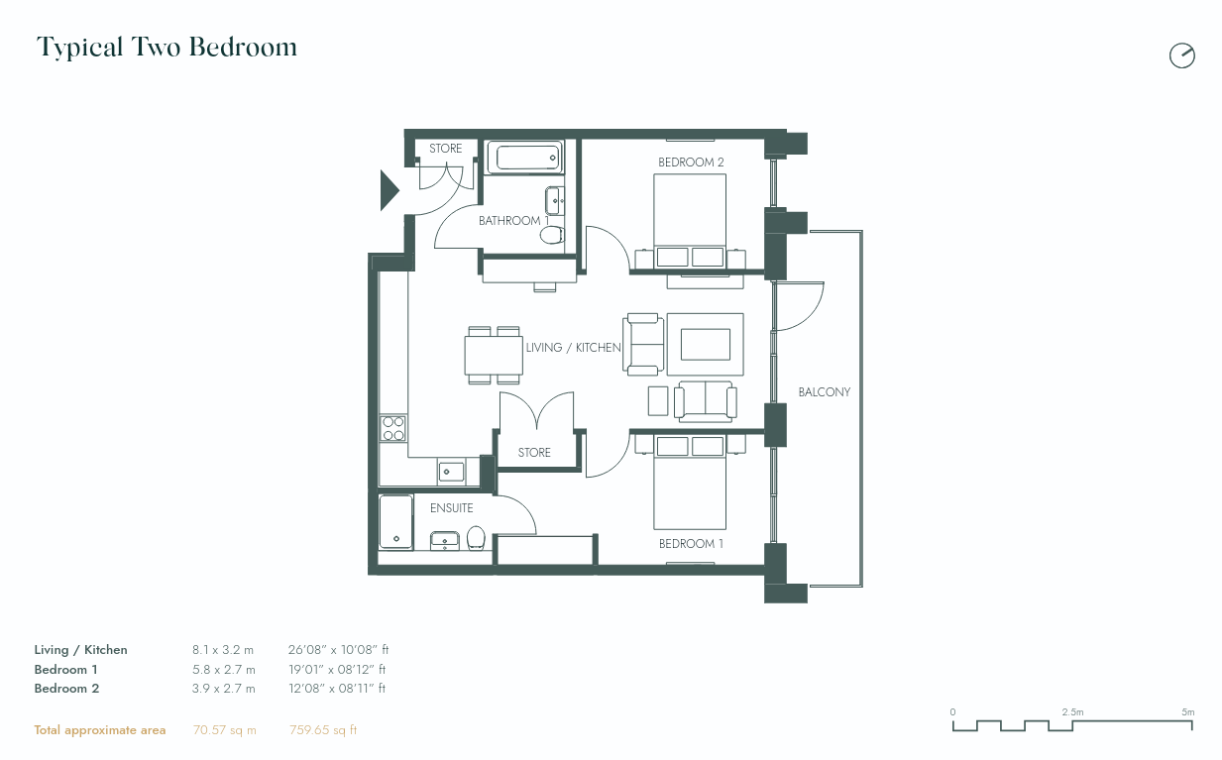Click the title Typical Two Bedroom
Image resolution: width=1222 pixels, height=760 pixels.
pos(167,47)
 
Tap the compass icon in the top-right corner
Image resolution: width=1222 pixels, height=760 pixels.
pos(1181,55)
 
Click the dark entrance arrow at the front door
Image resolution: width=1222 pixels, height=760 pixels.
pos(389,189)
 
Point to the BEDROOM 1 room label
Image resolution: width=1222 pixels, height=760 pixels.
pos(691,544)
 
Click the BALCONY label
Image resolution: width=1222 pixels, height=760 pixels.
pos(824,392)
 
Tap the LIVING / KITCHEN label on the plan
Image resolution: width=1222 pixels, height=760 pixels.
pos(573,348)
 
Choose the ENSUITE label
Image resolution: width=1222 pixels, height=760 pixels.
pos(451,508)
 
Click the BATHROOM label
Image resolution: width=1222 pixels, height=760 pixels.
pos(509,221)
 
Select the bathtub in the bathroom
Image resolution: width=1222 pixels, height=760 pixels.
pos(524,158)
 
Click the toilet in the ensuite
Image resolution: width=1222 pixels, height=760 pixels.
pos(476,537)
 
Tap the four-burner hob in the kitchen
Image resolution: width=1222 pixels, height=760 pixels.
pos(393,428)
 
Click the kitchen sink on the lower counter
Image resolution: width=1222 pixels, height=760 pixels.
pos(450,472)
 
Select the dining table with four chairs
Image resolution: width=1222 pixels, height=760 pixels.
pos(494,355)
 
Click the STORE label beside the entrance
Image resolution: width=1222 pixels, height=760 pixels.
pos(445,149)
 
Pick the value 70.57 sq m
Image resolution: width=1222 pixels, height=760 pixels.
pos(224,730)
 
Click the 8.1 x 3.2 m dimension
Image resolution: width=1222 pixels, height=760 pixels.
pos(223,650)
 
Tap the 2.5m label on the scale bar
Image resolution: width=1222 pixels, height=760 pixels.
pos(1071,712)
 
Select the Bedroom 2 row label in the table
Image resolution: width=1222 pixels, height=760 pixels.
pos(66,688)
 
